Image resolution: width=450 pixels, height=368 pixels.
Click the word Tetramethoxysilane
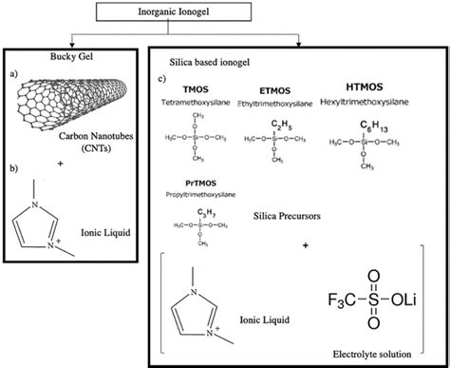click(x=201, y=105)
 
